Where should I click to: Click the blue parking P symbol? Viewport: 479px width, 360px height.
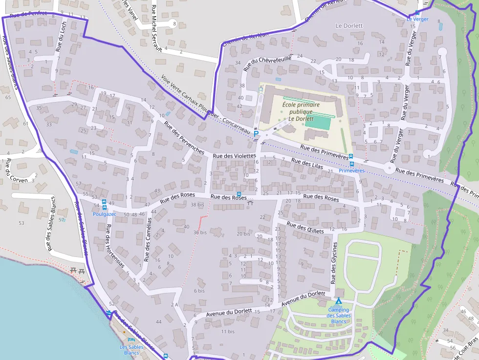pos(256,133)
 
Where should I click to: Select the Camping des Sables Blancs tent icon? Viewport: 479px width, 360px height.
pos(338,301)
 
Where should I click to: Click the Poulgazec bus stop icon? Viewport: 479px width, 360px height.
pos(104,202)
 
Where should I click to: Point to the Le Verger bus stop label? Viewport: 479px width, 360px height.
pos(417,20)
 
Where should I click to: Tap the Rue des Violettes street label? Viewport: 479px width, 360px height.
pos(234,156)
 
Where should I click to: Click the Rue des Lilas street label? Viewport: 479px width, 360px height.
pos(305,164)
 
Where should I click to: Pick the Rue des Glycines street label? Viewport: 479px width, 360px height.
pos(334,263)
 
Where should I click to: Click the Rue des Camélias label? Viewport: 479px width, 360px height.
pos(148,239)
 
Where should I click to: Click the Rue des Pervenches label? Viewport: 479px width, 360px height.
pos(184,138)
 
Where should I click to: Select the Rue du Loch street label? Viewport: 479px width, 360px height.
pos(61,37)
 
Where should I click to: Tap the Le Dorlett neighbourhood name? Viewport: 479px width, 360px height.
pos(349,25)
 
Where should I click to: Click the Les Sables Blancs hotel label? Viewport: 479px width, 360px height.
pos(131,350)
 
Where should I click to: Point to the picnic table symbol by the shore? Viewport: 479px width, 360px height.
pos(77,270)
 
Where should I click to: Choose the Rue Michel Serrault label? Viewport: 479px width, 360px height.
pos(157,28)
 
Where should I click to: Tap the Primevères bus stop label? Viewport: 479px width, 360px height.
pos(351,171)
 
